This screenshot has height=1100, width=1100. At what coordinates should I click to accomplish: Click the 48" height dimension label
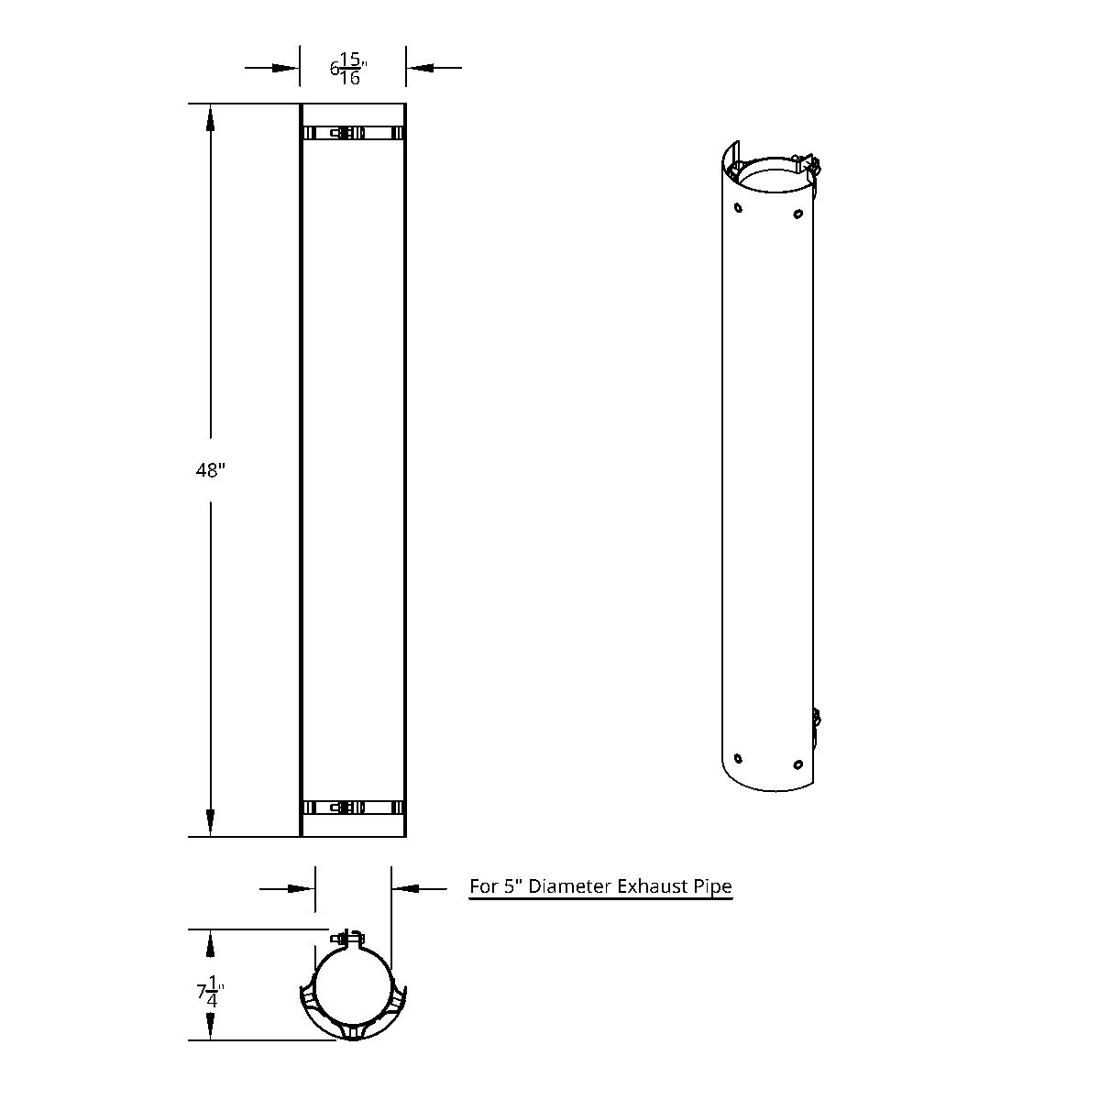click(x=210, y=470)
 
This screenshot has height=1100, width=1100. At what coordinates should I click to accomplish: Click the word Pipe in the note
click(x=712, y=886)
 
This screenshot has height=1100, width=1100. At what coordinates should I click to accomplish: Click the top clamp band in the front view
click(x=353, y=134)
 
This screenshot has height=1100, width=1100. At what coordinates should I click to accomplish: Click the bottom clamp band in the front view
click(x=353, y=808)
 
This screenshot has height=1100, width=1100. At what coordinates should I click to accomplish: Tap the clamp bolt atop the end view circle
click(x=349, y=939)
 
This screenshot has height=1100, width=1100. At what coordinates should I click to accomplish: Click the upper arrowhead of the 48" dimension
click(x=211, y=120)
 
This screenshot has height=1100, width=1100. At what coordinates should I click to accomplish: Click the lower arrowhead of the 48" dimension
click(x=211, y=821)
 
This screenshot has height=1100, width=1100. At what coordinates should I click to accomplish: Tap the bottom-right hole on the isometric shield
click(x=797, y=764)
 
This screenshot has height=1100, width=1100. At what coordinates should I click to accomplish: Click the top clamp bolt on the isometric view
click(x=808, y=165)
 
